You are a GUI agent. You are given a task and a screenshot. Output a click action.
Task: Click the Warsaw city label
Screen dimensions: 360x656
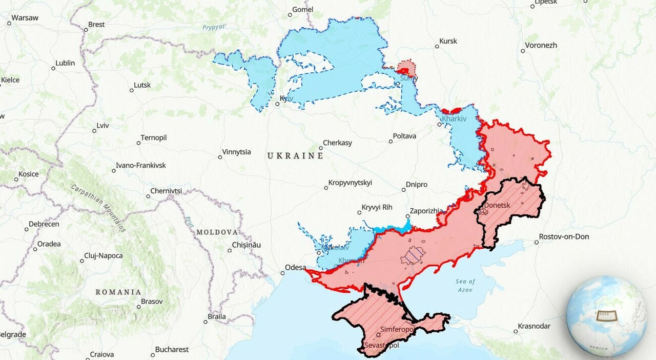25,17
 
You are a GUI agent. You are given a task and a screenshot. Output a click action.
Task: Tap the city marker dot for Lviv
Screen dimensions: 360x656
94,131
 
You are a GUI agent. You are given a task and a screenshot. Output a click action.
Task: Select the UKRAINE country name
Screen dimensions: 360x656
295,155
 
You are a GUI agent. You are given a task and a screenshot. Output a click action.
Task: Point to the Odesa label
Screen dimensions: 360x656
296,268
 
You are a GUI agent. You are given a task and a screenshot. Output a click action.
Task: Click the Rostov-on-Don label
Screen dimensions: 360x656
564,236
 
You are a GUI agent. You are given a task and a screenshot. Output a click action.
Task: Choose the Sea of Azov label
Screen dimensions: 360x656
465,286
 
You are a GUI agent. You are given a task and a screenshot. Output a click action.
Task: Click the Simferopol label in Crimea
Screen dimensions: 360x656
397,329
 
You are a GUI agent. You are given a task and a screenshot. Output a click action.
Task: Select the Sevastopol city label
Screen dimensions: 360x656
381,345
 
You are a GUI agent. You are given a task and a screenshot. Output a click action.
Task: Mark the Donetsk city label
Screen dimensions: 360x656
497,205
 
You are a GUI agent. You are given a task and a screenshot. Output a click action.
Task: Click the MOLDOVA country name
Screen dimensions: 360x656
217,232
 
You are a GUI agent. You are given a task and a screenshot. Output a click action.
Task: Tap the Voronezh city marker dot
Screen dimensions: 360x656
523,51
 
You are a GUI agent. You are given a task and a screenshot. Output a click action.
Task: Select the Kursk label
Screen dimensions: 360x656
448,41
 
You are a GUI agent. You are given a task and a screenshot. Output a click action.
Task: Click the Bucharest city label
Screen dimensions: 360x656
172,349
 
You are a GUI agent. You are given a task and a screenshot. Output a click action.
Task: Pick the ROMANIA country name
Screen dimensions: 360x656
118,292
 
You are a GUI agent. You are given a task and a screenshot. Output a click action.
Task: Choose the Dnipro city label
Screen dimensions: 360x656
416,185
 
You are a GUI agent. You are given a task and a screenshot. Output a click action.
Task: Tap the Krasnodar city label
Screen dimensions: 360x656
534,326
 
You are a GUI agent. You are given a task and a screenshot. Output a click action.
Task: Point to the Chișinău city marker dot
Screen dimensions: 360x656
230,250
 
